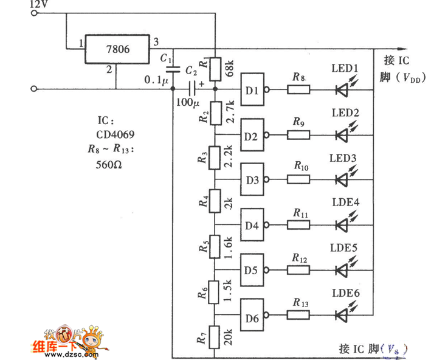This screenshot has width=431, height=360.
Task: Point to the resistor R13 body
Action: [298, 316]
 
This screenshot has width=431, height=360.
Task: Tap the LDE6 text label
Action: [345, 293]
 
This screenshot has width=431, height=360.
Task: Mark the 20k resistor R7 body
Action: [215, 336]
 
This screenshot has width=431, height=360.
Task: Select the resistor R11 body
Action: [298, 226]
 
